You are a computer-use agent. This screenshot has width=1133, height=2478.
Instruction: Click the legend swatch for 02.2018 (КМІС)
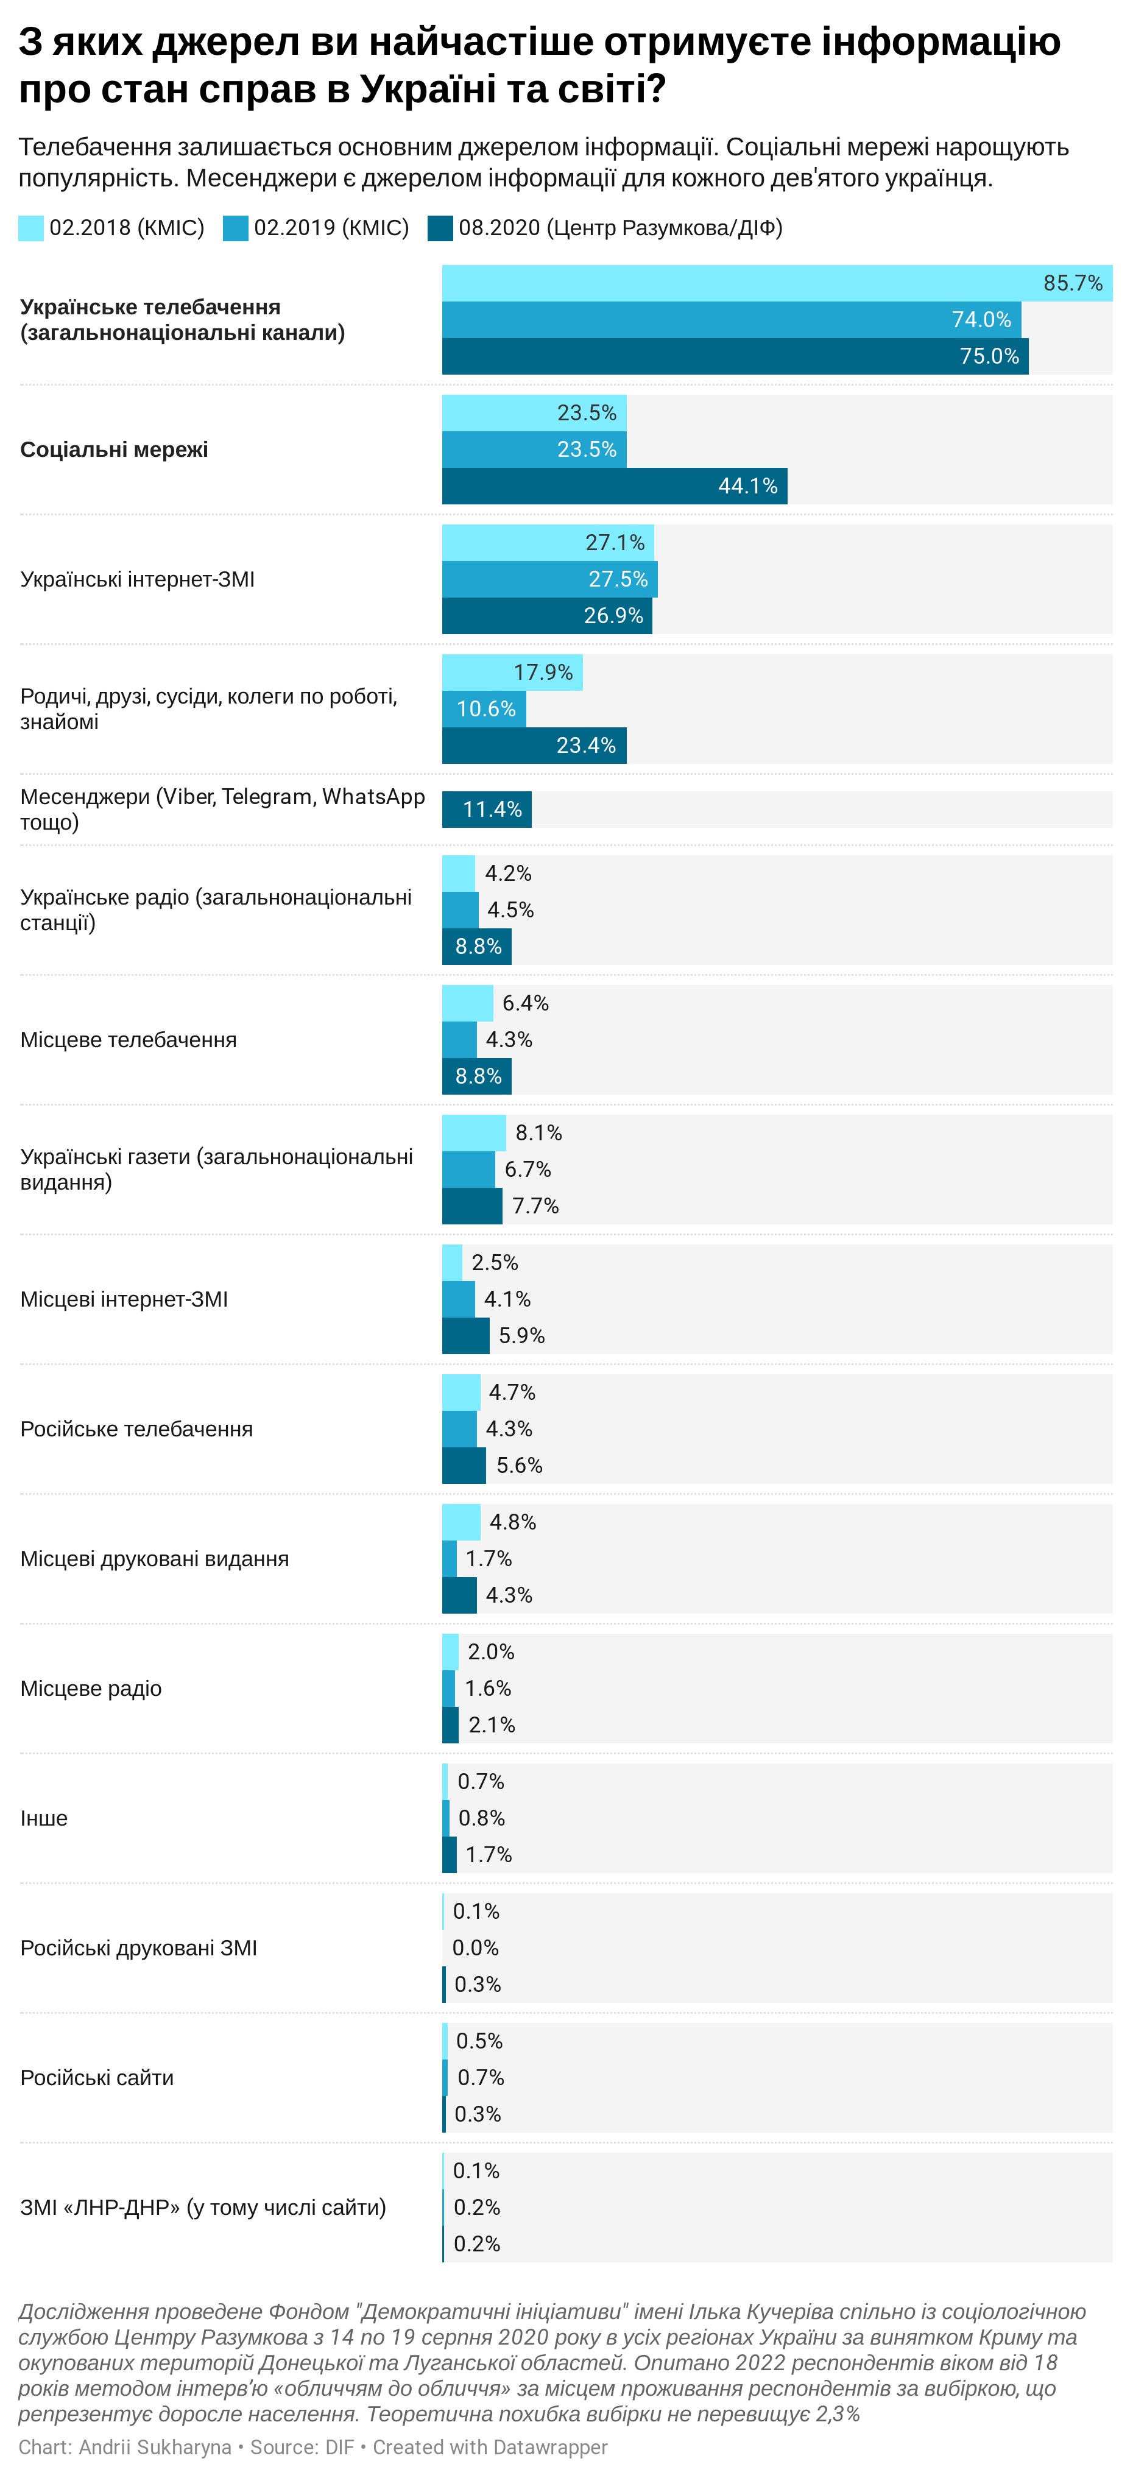[x=31, y=228]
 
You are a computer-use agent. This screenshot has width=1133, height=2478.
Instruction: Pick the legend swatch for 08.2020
[x=440, y=228]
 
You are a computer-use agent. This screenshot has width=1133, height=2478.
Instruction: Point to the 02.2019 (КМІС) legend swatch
[x=236, y=228]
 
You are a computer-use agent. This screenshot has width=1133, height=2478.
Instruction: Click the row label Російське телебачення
[x=136, y=1428]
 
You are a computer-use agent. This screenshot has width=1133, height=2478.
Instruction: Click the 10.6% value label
[x=485, y=709]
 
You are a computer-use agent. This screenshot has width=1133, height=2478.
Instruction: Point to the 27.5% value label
[x=618, y=579]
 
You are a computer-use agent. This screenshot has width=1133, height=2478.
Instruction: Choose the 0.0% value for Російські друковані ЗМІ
[x=475, y=1948]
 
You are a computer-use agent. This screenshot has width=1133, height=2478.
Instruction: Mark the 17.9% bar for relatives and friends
[x=512, y=672]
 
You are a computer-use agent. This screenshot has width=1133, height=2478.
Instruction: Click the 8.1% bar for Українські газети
[x=473, y=1132]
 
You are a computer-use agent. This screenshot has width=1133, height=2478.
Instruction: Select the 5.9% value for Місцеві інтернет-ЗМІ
[x=521, y=1335]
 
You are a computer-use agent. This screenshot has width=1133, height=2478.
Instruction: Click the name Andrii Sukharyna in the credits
[x=155, y=2446]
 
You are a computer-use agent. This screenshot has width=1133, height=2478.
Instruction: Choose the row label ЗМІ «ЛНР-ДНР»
[x=202, y=2207]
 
